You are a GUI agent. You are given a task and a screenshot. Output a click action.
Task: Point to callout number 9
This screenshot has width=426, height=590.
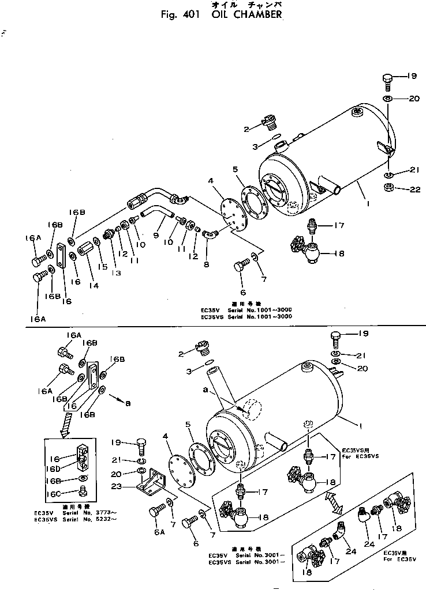(x=155, y=235)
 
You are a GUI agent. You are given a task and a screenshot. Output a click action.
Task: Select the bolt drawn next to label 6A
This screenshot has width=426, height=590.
(x=158, y=511)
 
